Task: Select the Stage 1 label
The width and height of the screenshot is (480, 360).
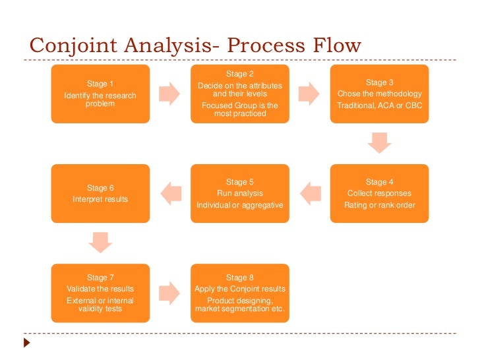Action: tap(100, 84)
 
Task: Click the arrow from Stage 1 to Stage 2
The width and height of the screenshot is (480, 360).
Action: tap(170, 93)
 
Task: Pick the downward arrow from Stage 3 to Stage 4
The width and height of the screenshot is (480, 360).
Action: tap(379, 142)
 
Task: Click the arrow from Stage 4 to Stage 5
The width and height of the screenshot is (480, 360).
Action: tap(309, 193)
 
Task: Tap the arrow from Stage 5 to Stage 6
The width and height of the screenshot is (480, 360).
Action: tap(170, 193)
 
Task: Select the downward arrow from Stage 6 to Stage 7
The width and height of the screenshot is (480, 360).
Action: tap(100, 242)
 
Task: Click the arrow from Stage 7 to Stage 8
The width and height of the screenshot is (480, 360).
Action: tap(170, 292)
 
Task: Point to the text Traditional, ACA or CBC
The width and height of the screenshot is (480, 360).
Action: tap(379, 105)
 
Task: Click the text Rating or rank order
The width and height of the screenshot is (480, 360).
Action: tap(379, 205)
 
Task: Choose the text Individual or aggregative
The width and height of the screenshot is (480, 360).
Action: tap(239, 205)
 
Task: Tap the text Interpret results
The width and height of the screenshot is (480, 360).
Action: tap(100, 199)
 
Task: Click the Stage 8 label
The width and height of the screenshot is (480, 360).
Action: tap(239, 278)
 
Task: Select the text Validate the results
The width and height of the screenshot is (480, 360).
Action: tap(100, 289)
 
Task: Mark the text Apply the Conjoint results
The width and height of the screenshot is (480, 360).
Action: tap(239, 289)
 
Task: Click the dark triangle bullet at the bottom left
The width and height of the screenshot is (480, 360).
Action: tap(26, 344)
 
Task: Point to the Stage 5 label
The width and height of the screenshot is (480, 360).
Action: tap(239, 182)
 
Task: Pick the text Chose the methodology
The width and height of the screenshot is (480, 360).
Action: tap(379, 94)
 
